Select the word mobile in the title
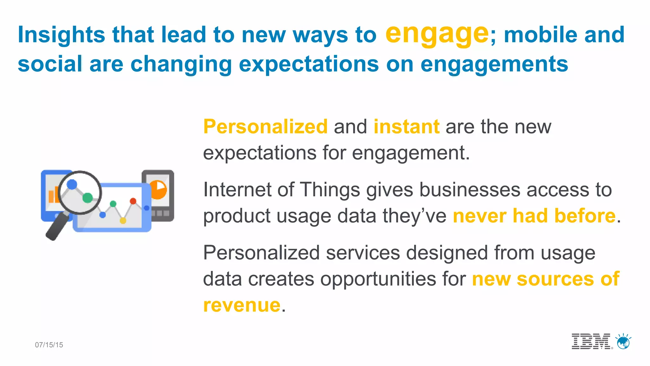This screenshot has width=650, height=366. coord(541,35)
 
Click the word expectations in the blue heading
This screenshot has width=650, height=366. coord(308,64)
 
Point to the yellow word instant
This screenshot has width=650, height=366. coord(406,126)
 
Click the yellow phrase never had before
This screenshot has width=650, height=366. coord(534,216)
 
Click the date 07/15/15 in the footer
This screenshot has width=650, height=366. coord(49,345)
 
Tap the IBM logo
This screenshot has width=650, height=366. coord(591,342)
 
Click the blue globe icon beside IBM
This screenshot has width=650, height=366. coord(623,342)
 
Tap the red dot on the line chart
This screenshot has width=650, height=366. coord(133,201)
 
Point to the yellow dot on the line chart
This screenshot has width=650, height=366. coord(123,220)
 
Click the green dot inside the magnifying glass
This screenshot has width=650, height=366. coord(88,198)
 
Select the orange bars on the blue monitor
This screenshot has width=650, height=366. coord(53,195)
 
